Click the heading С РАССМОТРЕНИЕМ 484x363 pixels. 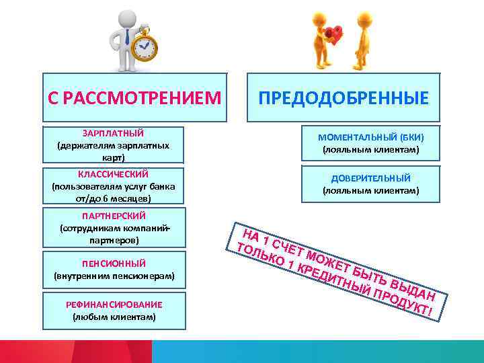click(134, 99)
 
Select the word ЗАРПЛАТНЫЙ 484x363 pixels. click(113, 133)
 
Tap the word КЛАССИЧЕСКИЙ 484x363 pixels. click(113, 175)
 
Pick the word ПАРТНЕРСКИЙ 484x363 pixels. click(113, 216)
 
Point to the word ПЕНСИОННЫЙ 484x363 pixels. click(113, 263)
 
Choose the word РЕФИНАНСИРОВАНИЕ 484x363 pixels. click(113, 305)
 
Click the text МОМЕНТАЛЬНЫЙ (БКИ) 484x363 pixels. click(370, 137)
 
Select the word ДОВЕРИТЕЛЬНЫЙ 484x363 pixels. click(370, 178)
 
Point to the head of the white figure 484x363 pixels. click(126, 17)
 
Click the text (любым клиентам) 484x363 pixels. click(113, 317)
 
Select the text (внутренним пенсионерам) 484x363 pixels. click(113, 276)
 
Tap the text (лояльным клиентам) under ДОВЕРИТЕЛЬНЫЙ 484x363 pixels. click(370, 191)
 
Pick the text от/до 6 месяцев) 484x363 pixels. click(113, 199)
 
